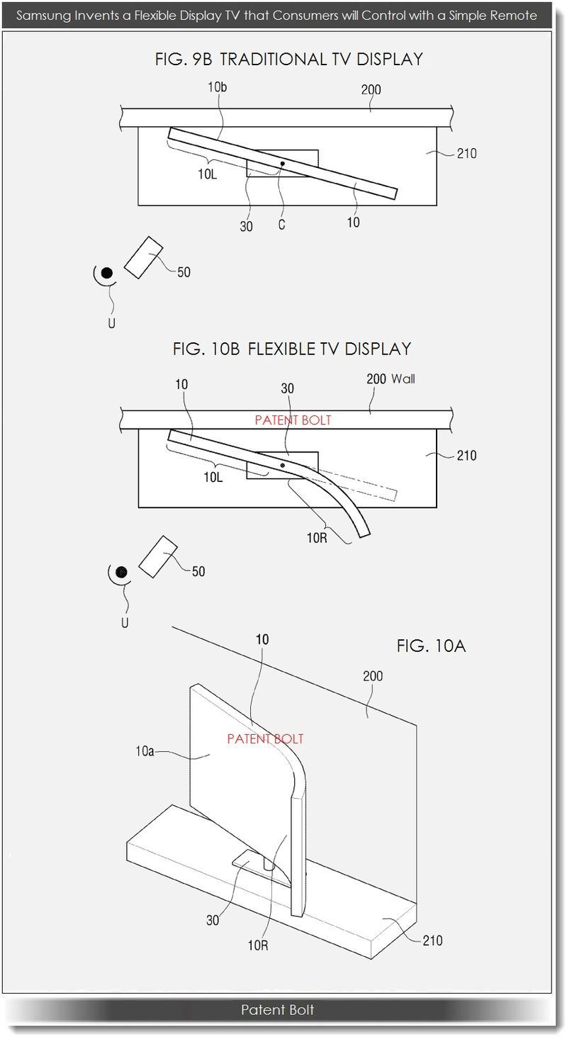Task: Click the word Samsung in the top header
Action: coord(43,15)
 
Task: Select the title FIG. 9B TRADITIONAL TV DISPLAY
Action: coord(288,60)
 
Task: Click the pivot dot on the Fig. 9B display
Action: coord(283,164)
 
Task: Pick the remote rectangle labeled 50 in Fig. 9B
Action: coord(144,257)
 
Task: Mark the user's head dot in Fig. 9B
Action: coord(106,273)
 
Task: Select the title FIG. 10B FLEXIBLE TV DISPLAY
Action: coord(291,349)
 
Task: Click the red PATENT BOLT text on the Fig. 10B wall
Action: coord(293,420)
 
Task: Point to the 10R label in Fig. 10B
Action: coord(318,538)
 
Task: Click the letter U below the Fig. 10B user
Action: coord(124,624)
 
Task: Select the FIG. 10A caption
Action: coord(431,646)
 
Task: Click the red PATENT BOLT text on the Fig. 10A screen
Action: coord(265,738)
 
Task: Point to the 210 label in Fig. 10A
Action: coord(432,940)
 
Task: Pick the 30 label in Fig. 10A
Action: coord(213,921)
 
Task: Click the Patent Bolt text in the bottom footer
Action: coord(277,1009)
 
